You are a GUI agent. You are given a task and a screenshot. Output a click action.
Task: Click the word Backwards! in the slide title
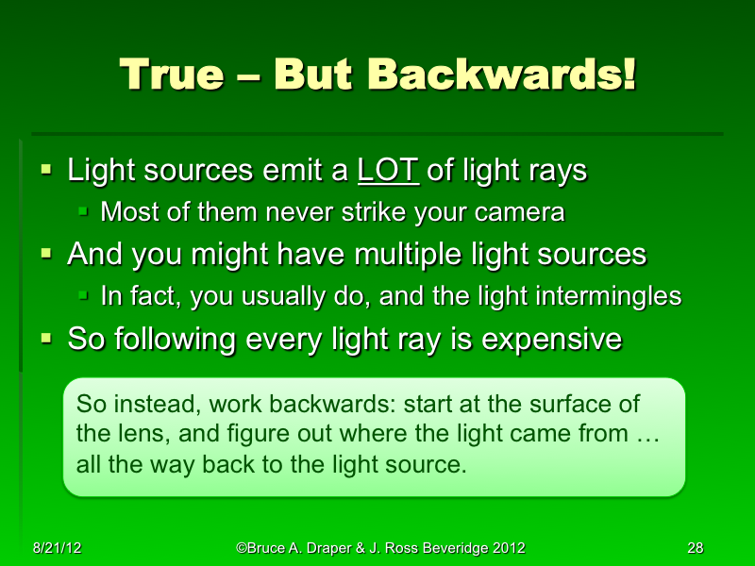pos(501,75)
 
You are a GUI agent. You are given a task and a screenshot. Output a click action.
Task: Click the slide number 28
pos(696,548)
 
